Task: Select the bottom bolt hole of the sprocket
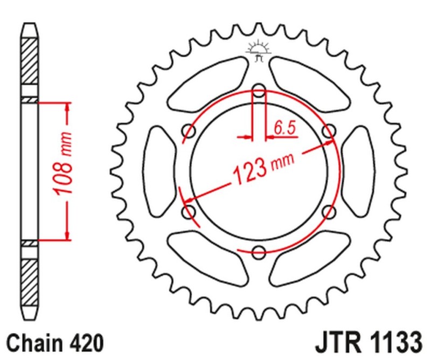coord(259,251)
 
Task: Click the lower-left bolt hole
coord(189,211)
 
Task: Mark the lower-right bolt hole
coord(328,211)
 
